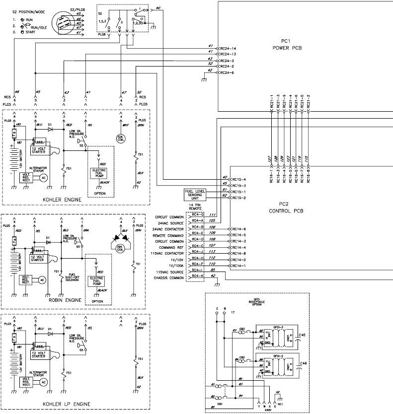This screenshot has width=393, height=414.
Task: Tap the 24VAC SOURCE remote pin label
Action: [170, 223]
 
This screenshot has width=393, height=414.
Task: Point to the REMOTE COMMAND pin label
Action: [168, 235]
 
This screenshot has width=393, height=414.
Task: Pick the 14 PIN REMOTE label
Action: [195, 207]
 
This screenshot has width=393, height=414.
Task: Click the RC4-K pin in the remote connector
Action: [199, 276]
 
